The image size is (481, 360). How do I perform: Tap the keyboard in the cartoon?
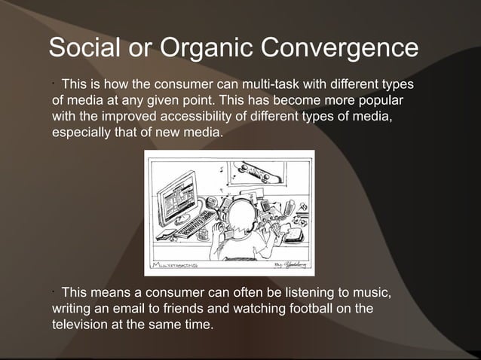[x=197, y=223]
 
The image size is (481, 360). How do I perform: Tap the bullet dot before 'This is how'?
[x=54, y=81]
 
